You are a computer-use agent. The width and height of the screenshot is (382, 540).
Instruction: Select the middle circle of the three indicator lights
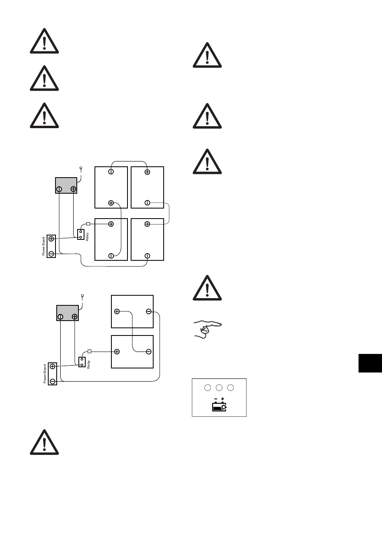coord(219,388)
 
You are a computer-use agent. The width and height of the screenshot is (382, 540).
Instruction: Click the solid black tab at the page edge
coord(370,363)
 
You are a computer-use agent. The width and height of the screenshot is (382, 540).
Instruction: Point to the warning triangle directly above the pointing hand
coord(207,288)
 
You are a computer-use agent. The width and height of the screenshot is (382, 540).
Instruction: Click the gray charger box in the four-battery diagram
coord(66,185)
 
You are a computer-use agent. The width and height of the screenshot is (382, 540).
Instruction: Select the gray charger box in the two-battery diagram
coord(67,313)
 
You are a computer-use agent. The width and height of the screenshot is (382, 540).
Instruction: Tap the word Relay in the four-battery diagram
coord(87,237)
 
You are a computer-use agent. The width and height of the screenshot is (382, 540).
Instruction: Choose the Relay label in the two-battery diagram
coord(89,364)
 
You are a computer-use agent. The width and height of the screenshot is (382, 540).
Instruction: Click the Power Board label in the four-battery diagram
coord(44,246)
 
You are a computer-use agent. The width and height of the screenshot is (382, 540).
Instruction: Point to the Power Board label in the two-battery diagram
coord(45,374)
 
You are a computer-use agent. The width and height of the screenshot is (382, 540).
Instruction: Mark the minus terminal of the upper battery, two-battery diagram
coord(149,311)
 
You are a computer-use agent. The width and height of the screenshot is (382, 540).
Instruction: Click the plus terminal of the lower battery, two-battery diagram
coord(117,352)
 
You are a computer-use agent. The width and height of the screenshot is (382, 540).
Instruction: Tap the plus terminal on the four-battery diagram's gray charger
coord(73,189)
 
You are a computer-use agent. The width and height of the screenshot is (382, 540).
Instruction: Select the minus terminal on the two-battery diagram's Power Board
coord(53,380)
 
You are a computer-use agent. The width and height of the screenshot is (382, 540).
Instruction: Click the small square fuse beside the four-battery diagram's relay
coord(88,224)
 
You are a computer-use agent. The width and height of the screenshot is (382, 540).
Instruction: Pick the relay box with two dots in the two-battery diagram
coord(82,362)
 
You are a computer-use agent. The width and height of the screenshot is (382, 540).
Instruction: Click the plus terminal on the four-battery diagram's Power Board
coord(51,239)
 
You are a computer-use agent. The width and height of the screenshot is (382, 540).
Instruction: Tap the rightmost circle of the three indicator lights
coord(231,388)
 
